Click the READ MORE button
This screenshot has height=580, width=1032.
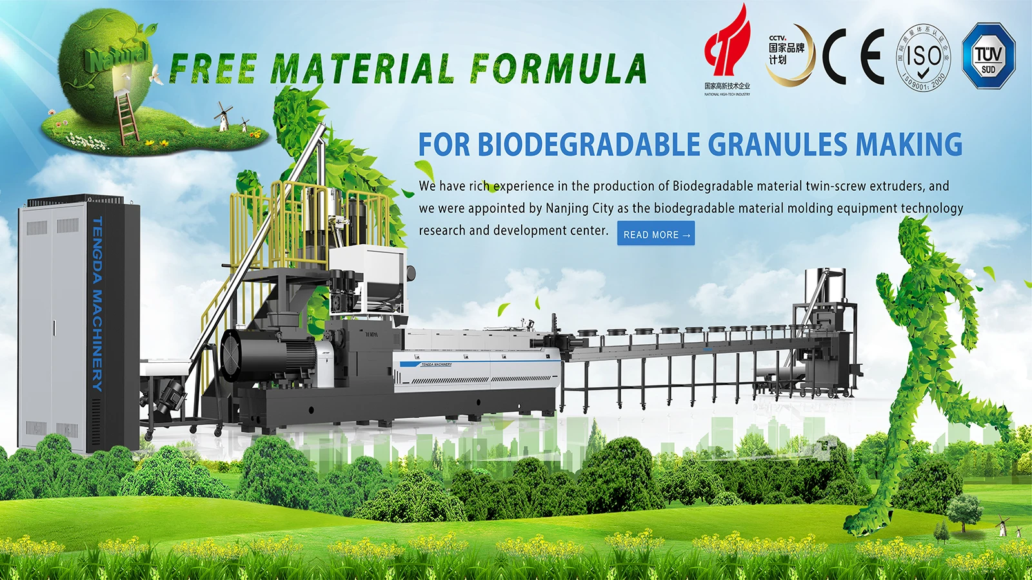656,234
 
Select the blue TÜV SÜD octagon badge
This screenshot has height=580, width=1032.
988,56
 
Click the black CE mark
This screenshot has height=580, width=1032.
853,57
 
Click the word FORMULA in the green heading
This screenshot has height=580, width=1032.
558,69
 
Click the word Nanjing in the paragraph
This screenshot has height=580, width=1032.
567,208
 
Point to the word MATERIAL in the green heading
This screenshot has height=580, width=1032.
362,69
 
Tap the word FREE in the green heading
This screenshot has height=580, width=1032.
213,69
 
